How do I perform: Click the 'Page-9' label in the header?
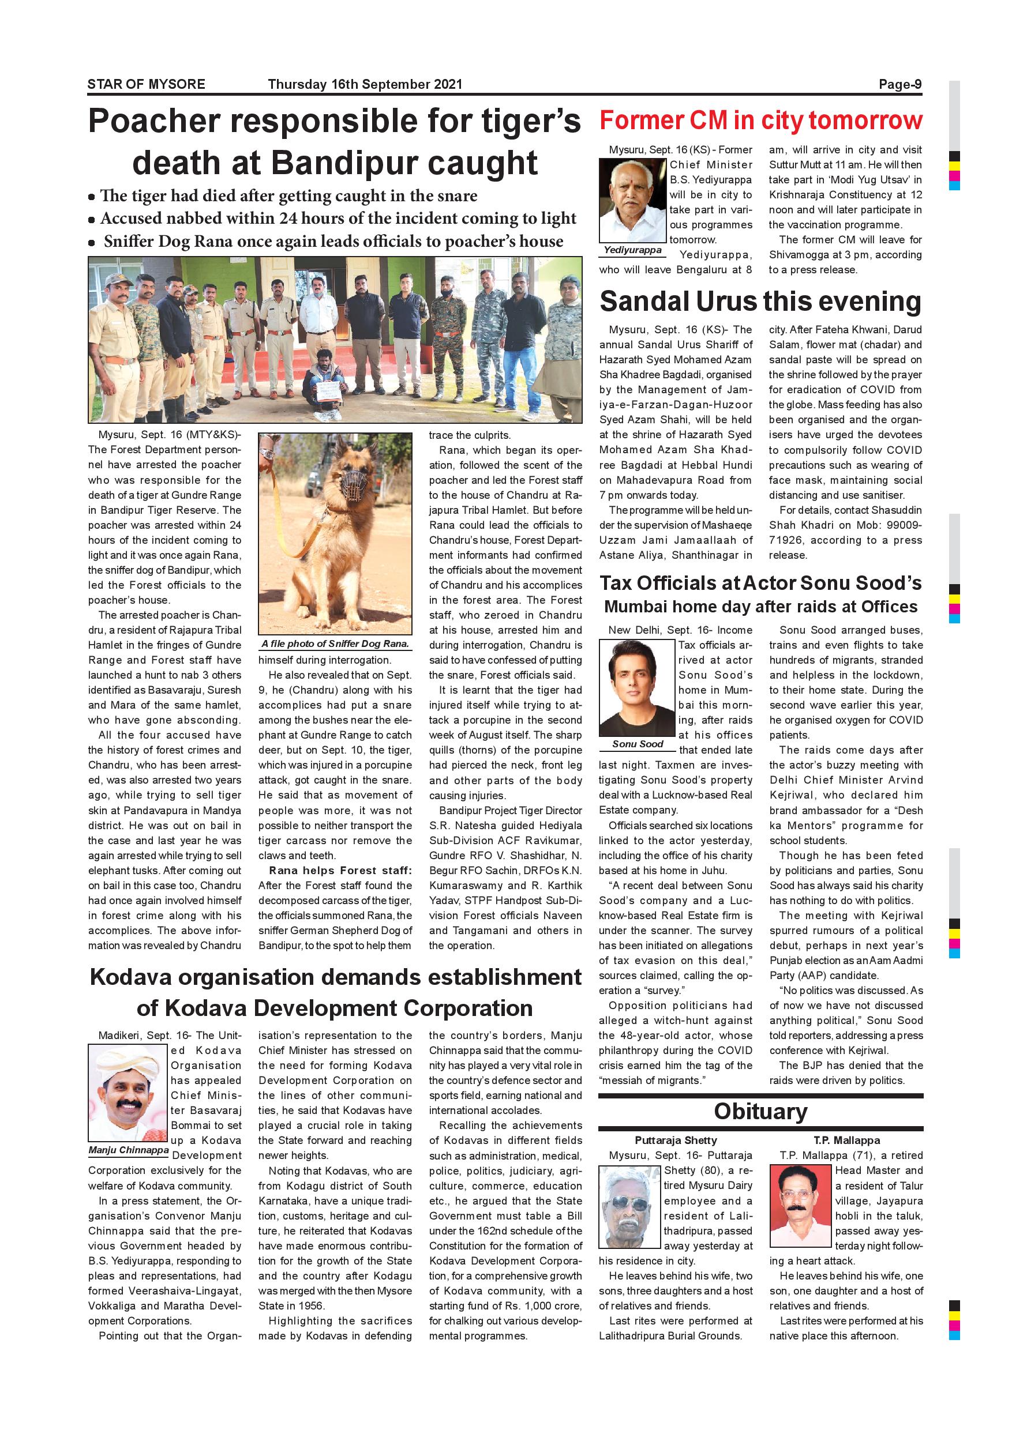900,84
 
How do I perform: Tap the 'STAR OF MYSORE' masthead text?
146,84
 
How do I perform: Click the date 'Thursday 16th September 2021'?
365,84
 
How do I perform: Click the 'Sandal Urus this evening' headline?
760,302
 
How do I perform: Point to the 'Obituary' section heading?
760,1112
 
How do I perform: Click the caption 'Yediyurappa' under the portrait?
632,250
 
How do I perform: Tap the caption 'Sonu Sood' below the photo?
638,744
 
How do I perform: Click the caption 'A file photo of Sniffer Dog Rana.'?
335,643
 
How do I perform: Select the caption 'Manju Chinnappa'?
128,1150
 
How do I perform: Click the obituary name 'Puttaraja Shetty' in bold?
676,1141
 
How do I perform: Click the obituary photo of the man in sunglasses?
629,1206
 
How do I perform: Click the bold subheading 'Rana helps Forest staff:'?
340,870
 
